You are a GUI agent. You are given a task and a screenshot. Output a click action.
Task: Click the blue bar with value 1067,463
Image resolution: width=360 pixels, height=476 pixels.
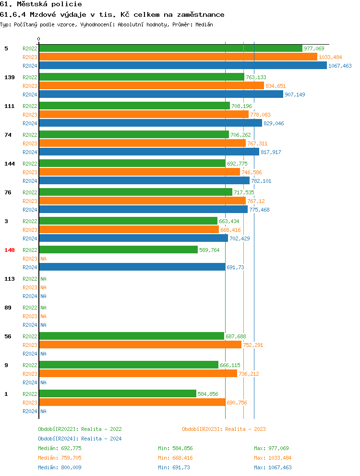point(182,66)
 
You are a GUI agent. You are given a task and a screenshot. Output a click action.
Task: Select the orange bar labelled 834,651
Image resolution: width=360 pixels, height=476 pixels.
point(151,86)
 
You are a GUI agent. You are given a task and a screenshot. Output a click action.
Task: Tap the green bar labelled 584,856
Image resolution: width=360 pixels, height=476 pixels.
point(118,394)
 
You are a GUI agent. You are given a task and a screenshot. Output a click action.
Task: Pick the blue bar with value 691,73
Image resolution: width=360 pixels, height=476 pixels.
point(132,267)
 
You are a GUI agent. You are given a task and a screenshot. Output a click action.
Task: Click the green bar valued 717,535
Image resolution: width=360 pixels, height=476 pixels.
point(135,192)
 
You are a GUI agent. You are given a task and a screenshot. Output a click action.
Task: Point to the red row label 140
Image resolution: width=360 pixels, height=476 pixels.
point(10,250)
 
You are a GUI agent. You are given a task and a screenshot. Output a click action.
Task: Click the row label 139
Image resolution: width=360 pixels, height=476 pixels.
point(10,77)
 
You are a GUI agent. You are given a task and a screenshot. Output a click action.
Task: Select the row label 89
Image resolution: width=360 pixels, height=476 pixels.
point(8,308)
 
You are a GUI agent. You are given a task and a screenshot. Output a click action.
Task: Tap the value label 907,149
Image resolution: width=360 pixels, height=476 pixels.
point(295,95)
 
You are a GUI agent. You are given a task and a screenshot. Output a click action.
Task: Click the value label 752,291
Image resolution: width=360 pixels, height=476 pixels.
point(253,345)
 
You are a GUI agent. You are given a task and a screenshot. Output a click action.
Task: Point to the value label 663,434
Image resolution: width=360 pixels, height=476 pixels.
point(229,221)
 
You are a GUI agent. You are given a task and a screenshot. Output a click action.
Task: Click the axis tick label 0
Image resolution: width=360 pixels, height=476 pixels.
point(39,39)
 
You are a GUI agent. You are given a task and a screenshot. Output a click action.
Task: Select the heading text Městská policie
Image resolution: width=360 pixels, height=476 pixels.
point(45,4)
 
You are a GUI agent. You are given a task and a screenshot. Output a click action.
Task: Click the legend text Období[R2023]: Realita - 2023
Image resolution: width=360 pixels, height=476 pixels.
point(224,429)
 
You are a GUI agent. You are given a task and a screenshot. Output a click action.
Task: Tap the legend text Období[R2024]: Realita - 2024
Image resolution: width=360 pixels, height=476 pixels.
point(80,439)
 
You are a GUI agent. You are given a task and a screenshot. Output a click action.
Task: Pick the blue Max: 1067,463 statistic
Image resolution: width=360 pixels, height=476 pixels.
point(273,467)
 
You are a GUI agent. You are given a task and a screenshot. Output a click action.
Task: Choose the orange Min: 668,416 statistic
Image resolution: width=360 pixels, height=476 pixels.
point(175,458)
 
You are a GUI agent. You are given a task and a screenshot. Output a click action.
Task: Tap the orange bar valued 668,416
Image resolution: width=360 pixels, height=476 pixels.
point(129,230)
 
